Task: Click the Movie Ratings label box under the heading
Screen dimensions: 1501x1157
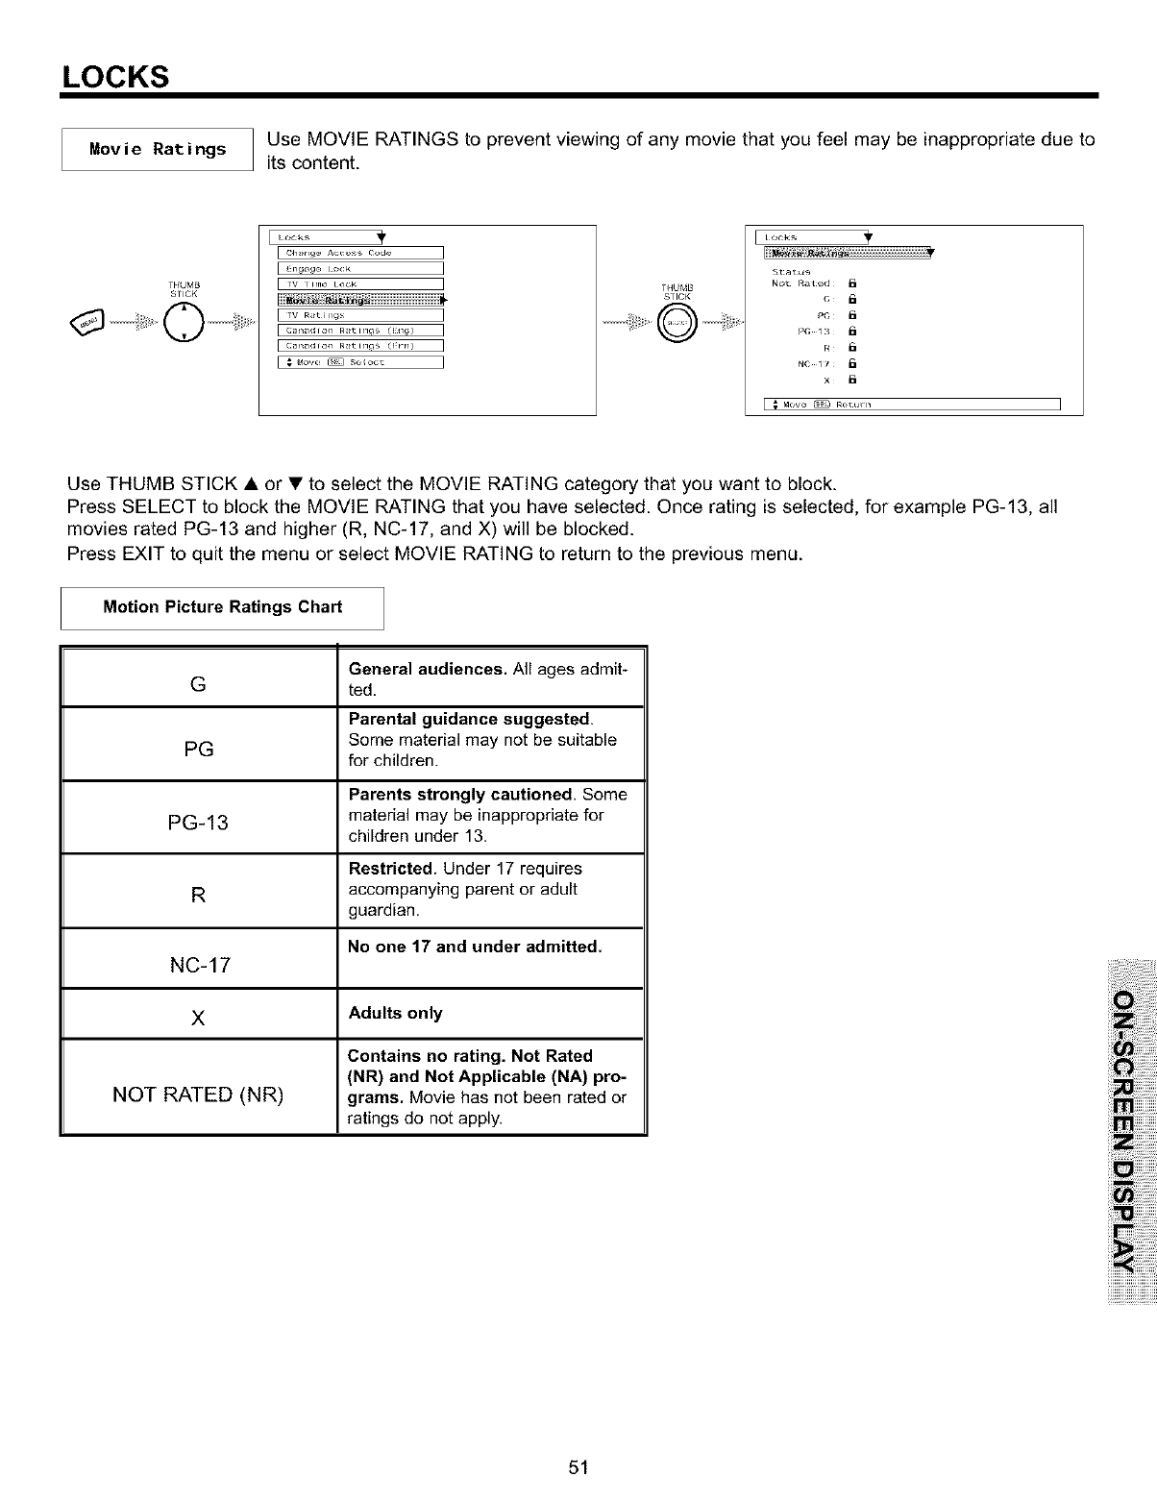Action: [x=157, y=149]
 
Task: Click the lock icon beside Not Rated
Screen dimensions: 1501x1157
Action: [x=851, y=283]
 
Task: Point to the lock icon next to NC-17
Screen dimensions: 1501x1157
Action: [x=851, y=364]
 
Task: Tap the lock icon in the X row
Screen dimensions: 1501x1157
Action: [x=851, y=380]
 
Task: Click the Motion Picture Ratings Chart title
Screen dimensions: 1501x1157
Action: [x=222, y=607]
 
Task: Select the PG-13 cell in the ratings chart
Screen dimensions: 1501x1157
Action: [x=198, y=823]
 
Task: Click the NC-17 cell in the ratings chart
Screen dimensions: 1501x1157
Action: [x=199, y=965]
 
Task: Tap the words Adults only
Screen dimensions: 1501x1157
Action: [x=395, y=1014]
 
